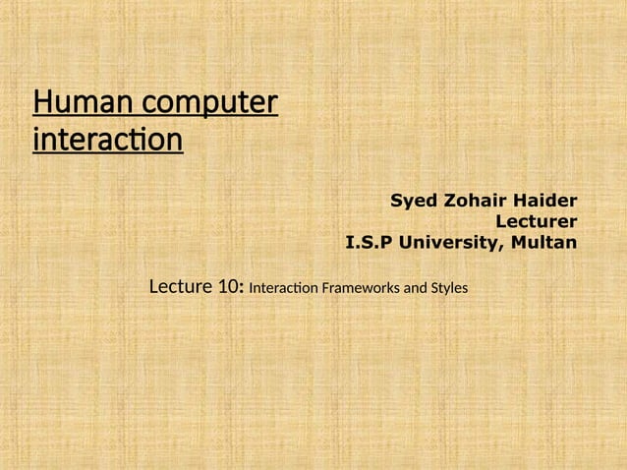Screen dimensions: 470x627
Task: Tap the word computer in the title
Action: [208, 104]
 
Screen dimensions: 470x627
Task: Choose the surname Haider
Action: [545, 202]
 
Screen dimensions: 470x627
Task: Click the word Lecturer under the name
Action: [537, 221]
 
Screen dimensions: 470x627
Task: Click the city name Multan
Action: [541, 241]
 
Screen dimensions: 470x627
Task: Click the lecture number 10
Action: [229, 288]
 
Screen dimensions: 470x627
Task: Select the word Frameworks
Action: [357, 290]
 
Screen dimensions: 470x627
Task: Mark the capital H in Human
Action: [42, 102]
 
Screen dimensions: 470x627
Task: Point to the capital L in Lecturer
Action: [501, 221]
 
